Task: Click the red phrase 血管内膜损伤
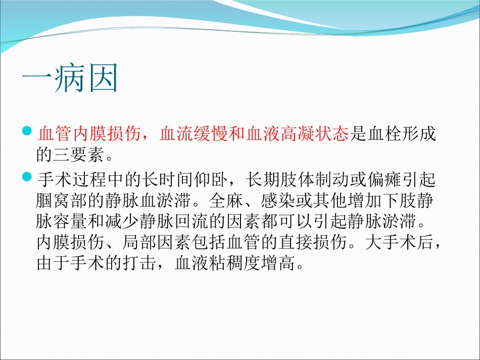(x=89, y=135)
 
